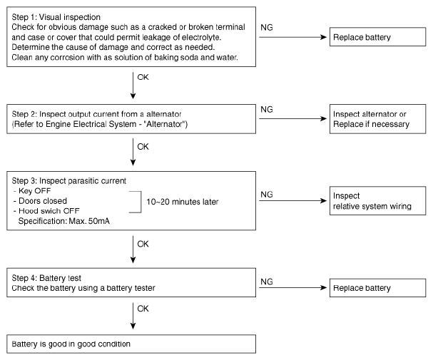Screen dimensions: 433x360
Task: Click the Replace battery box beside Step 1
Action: pyautogui.click(x=377, y=36)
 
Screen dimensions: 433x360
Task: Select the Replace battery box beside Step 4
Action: pyautogui.click(x=377, y=288)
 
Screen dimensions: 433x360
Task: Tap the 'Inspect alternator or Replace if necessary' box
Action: pyautogui.click(x=377, y=119)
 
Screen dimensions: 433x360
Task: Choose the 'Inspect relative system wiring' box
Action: pyautogui.click(x=377, y=200)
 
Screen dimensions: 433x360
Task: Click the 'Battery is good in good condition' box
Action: pyautogui.click(x=131, y=344)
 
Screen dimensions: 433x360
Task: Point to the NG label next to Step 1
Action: pyautogui.click(x=267, y=27)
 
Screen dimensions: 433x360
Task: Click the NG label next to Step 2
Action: pyautogui.click(x=267, y=109)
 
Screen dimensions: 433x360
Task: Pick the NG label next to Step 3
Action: pyautogui.click(x=267, y=195)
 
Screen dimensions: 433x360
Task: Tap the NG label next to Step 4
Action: pyautogui.click(x=267, y=282)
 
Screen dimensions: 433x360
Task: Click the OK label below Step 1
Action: pyautogui.click(x=143, y=77)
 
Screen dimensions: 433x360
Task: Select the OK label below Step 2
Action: pyautogui.click(x=143, y=146)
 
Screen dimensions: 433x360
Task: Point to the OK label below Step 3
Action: pyautogui.click(x=143, y=244)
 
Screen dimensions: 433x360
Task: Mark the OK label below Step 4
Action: pyautogui.click(x=143, y=309)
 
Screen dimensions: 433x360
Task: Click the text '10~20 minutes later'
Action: pyautogui.click(x=182, y=202)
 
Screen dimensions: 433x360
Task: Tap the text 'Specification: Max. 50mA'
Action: pyautogui.click(x=63, y=221)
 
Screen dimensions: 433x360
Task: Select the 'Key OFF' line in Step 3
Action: pyautogui.click(x=32, y=191)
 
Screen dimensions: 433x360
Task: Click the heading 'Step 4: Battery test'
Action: pyautogui.click(x=46, y=278)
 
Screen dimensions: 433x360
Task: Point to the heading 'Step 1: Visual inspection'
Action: pyautogui.click(x=56, y=17)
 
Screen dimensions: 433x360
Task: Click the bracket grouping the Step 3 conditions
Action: pyautogui.click(x=141, y=202)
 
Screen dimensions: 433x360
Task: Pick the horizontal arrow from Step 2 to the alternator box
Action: pyautogui.click(x=292, y=118)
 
